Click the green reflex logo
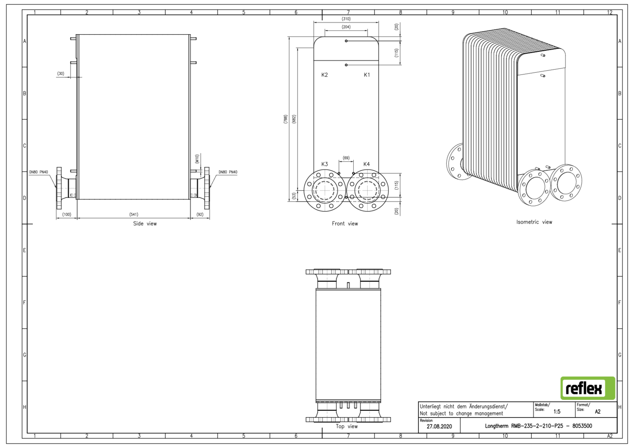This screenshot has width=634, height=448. tap(588, 388)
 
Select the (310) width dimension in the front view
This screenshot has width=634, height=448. tap(346, 19)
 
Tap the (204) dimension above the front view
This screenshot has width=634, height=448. tap(346, 27)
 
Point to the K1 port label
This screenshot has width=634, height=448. tap(367, 75)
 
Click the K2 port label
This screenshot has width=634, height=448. tap(325, 75)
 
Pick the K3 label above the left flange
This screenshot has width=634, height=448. tap(325, 164)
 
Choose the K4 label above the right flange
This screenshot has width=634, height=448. tap(366, 164)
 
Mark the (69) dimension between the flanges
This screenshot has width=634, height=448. tap(346, 158)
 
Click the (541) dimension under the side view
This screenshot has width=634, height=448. tap(134, 214)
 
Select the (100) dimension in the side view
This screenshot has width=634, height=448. tap(67, 214)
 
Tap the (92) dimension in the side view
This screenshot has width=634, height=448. tap(200, 214)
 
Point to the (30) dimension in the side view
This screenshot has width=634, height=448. tap(61, 74)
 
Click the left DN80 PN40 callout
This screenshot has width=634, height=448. tap(38, 172)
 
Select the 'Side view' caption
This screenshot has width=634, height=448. tap(145, 224)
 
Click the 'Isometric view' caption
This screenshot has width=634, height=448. tap(534, 222)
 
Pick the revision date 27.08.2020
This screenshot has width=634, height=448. tap(439, 426)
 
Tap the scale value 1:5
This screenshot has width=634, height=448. tap(557, 412)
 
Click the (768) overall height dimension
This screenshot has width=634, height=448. tap(286, 119)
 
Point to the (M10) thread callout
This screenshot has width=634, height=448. tap(197, 159)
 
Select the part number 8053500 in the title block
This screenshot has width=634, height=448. tap(582, 426)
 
